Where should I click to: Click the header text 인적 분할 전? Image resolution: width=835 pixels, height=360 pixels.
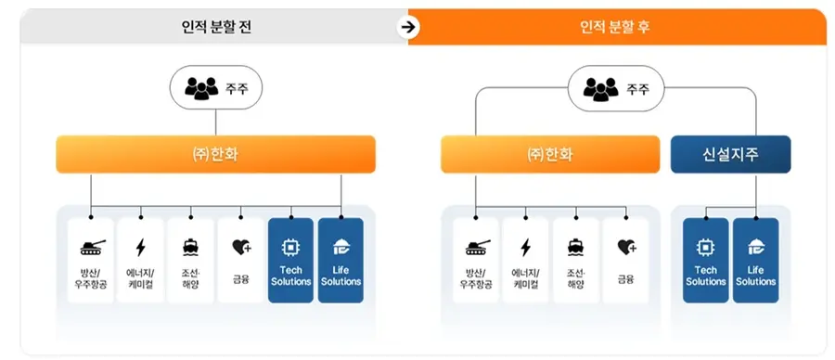tap(217, 26)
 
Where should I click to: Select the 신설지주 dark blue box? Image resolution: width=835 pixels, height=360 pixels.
tap(730, 154)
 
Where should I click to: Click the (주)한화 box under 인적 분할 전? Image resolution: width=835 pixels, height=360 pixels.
tap(215, 154)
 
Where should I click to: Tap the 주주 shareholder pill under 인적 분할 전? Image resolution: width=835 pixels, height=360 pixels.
tap(215, 89)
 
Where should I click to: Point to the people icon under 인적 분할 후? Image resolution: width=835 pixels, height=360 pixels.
tap(599, 89)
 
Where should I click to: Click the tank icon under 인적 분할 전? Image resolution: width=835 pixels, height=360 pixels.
tap(92, 247)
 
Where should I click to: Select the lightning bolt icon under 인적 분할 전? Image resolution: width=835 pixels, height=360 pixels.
tap(141, 247)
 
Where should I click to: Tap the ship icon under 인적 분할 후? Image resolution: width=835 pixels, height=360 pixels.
tap(576, 247)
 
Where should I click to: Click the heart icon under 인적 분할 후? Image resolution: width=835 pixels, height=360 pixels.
tap(627, 247)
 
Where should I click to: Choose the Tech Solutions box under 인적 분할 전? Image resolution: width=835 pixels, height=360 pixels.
tap(290, 260)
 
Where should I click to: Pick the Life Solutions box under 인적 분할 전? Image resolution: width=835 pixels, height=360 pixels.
tap(340, 260)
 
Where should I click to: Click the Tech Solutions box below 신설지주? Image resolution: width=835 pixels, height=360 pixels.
tap(706, 260)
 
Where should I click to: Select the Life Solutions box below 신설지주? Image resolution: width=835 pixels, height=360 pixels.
tap(755, 260)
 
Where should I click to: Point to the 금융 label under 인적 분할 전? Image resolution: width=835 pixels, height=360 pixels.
tap(240, 276)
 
